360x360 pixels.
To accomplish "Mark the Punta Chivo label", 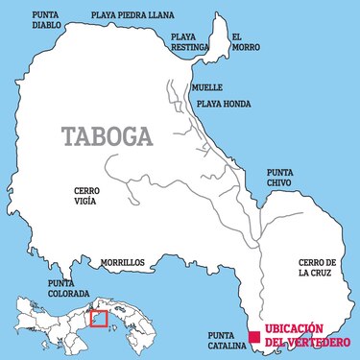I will pos(286,179).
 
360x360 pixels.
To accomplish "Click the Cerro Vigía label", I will pos(86,197).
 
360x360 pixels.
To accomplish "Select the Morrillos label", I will pos(122,261).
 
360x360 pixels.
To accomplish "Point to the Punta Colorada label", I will pos(69,289).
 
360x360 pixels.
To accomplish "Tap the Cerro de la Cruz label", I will pos(318,268).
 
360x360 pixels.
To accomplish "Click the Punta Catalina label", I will pos(227,341).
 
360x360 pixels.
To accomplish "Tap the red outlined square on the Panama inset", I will pos(97,318).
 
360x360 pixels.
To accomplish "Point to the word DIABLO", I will pos(46,26).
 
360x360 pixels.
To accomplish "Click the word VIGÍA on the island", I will pos(86,203).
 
